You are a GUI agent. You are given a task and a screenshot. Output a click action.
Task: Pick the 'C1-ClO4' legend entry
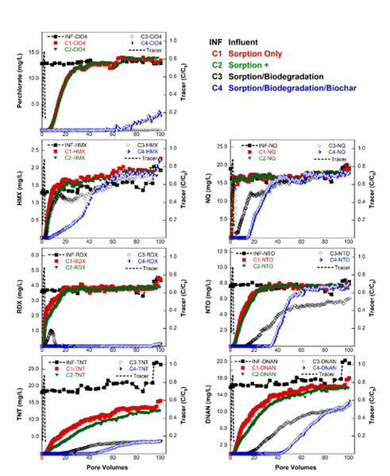click(73, 43)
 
